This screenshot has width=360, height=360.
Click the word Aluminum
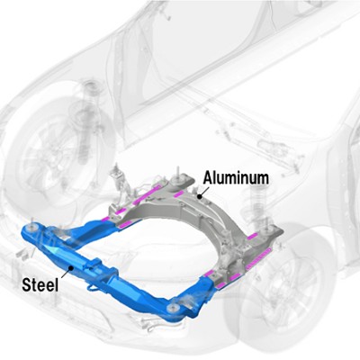tap(236, 178)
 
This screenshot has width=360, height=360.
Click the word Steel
tap(40, 284)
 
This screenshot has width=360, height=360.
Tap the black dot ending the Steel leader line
tap(71, 267)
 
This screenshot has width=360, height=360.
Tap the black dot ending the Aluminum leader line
tap(199, 196)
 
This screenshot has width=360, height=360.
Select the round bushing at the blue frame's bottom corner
tap(172, 309)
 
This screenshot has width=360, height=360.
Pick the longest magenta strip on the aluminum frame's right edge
tap(258, 257)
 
